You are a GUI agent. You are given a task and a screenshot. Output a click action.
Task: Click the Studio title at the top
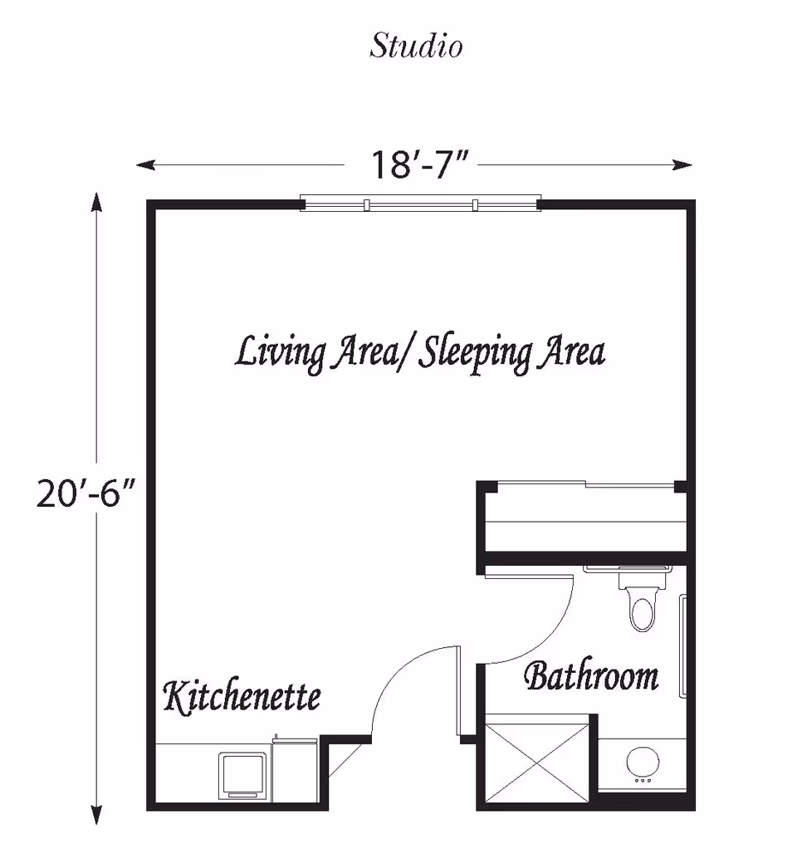point(416,46)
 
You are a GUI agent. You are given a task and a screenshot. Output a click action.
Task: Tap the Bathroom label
point(591,676)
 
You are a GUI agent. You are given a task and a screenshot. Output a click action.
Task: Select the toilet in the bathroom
point(642,606)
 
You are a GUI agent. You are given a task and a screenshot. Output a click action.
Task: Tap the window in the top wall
point(420,204)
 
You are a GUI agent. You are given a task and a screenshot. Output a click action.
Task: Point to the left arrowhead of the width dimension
point(144,164)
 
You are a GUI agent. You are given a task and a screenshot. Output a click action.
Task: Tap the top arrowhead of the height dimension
point(97,199)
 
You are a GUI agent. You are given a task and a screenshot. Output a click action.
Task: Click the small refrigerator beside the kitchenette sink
point(296,773)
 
